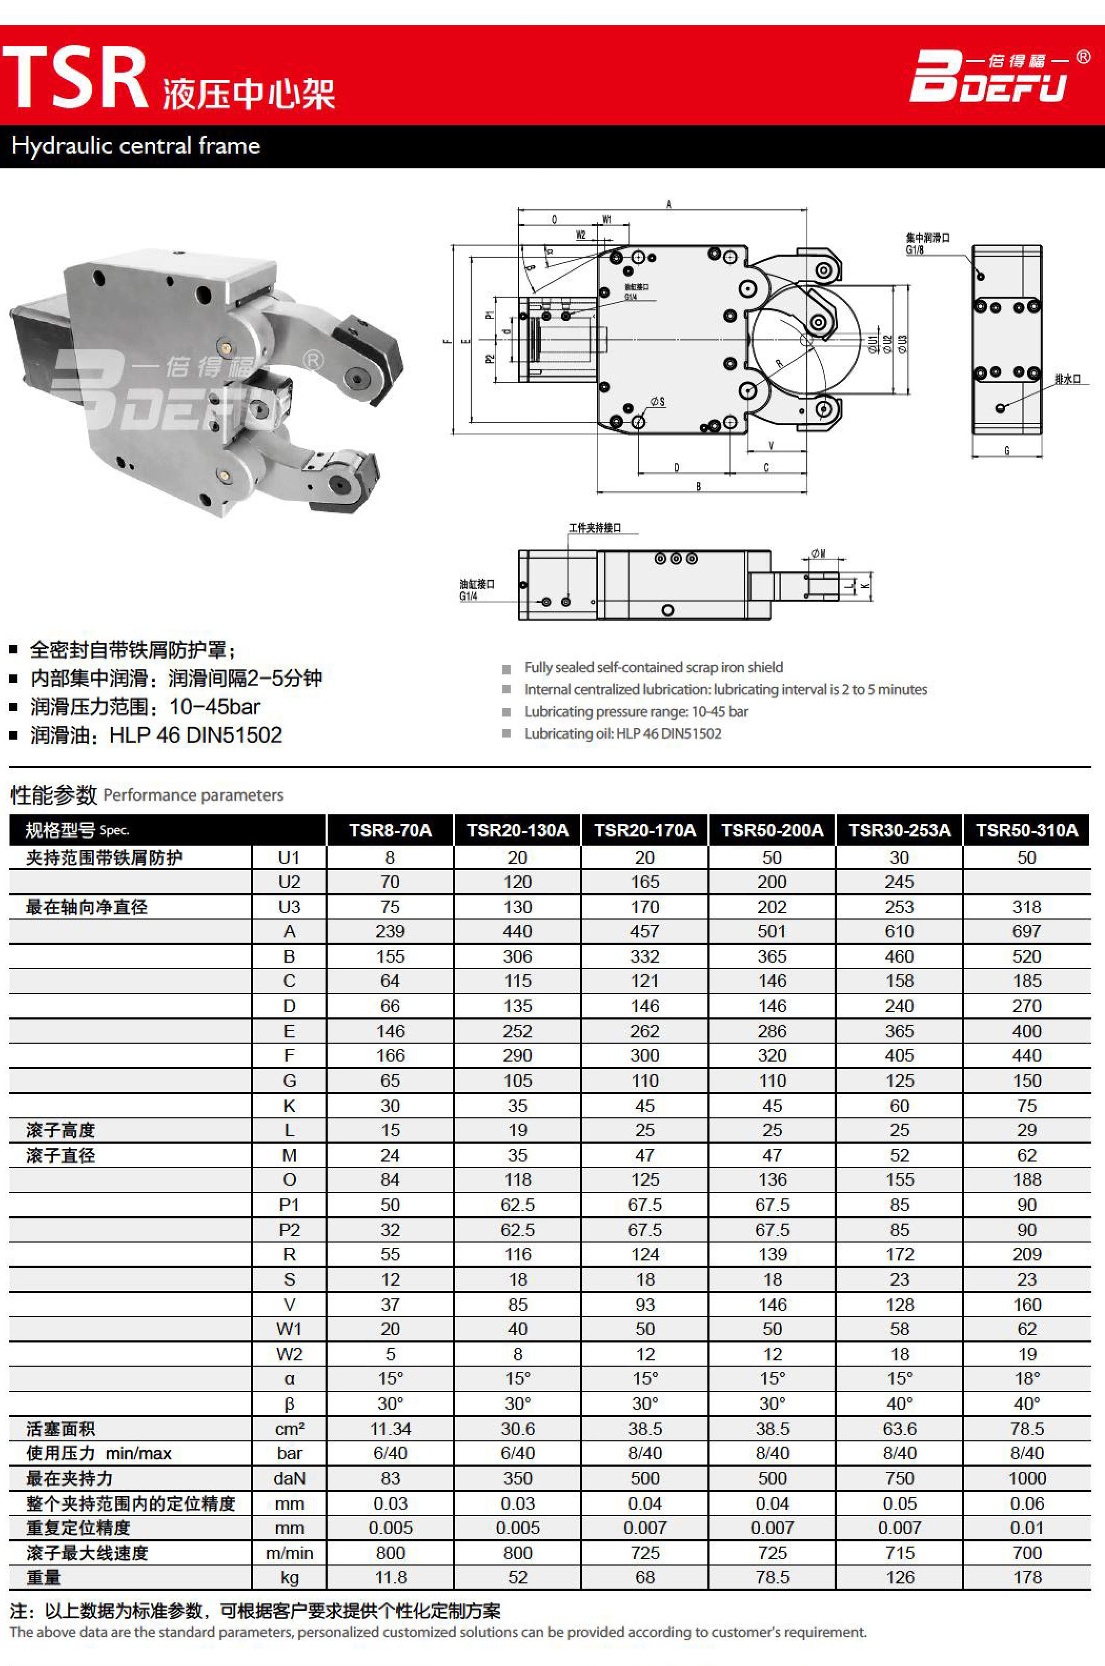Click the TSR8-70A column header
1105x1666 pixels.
click(390, 830)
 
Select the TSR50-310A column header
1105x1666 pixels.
click(1027, 830)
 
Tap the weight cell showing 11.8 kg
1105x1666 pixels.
click(390, 1577)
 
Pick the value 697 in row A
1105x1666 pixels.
click(1027, 931)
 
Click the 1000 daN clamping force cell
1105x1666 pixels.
click(1027, 1478)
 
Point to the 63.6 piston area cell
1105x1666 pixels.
click(899, 1429)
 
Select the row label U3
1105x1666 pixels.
click(289, 907)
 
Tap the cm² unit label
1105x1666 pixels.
click(289, 1429)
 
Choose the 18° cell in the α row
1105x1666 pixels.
click(1027, 1378)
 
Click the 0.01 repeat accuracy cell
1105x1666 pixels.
click(1027, 1528)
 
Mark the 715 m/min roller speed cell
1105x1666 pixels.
click(899, 1552)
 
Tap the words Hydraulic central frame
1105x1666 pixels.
click(136, 146)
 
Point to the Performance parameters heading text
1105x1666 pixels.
click(193, 795)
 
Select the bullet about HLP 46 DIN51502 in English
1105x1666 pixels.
click(622, 734)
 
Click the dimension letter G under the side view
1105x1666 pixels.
click(1006, 450)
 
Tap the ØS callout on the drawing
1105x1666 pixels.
click(657, 402)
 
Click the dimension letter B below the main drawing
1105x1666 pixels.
click(698, 486)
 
